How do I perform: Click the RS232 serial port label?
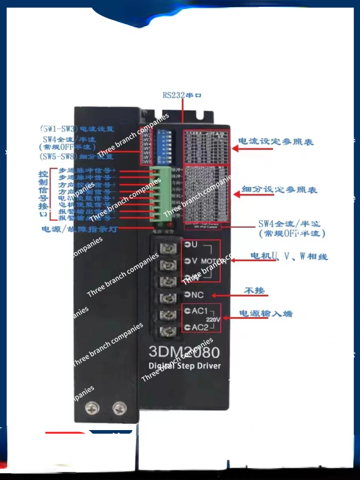click(x=182, y=95)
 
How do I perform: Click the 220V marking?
click(x=213, y=319)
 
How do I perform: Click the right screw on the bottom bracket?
click(x=118, y=408)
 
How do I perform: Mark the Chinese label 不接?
click(x=254, y=291)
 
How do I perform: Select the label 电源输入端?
click(x=266, y=313)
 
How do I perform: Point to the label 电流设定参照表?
click(x=276, y=142)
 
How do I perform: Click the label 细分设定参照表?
click(x=279, y=190)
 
